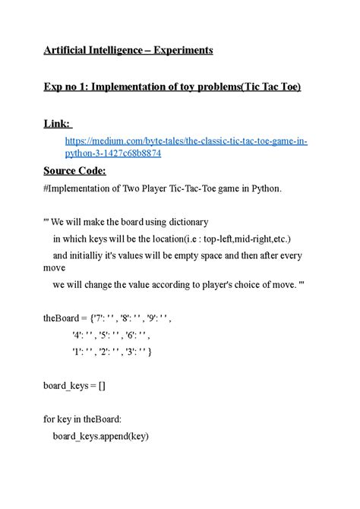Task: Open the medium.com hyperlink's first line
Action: pyautogui.click(x=186, y=141)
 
